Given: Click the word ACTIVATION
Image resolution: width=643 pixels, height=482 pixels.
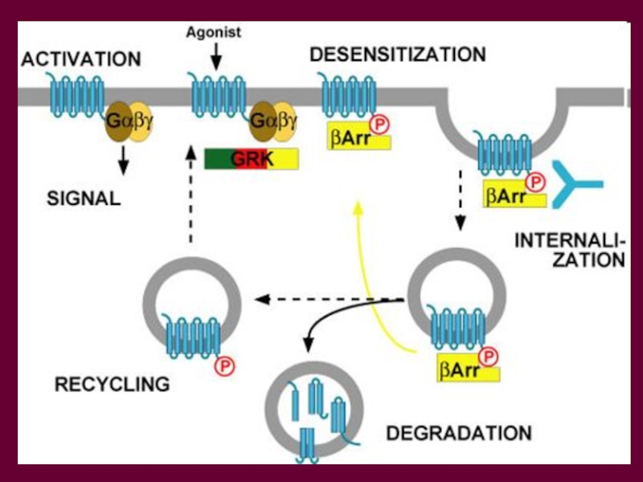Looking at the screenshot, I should [81, 59].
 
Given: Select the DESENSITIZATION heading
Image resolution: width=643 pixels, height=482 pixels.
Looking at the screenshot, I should [398, 55].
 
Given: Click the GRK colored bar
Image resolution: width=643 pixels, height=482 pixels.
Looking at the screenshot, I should [251, 159].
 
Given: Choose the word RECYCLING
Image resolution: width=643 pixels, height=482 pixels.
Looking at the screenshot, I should [112, 384].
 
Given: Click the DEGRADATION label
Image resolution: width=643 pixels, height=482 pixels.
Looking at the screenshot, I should [459, 433].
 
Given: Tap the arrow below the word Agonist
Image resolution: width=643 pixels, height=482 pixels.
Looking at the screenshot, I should [215, 57].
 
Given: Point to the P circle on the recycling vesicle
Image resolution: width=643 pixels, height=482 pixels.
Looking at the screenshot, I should [224, 366].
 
